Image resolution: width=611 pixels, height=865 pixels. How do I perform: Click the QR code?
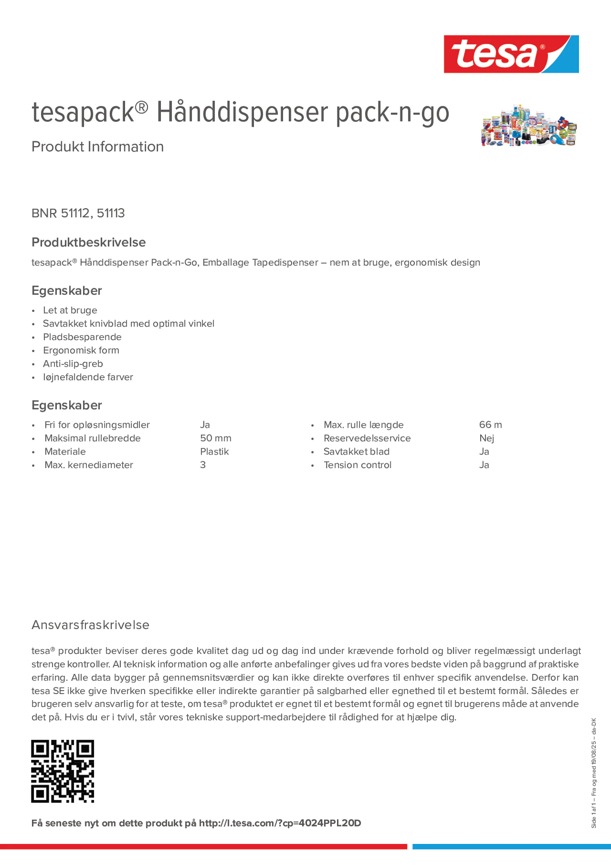click(x=62, y=771)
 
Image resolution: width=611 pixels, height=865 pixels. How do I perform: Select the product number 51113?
click(x=111, y=213)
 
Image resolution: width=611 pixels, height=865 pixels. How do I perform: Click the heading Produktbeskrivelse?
click(x=88, y=242)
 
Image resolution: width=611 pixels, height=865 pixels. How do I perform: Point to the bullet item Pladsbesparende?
click(x=82, y=337)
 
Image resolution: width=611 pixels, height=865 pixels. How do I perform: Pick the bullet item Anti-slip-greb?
click(x=73, y=364)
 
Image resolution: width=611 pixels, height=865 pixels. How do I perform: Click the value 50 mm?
click(x=215, y=438)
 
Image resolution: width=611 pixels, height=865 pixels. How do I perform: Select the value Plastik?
click(x=214, y=451)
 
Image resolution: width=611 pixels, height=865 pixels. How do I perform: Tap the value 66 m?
click(x=490, y=425)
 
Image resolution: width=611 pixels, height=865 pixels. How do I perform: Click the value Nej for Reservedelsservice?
click(x=486, y=438)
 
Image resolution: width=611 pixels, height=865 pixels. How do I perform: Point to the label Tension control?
click(x=357, y=465)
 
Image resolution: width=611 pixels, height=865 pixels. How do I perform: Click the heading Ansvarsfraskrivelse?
click(x=90, y=625)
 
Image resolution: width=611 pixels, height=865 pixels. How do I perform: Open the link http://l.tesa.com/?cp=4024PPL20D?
click(x=279, y=823)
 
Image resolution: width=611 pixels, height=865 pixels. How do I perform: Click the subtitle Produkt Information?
click(x=97, y=147)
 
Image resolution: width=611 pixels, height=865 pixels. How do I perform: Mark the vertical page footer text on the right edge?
click(x=594, y=773)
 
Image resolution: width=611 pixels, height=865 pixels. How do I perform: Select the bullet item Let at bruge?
click(x=70, y=310)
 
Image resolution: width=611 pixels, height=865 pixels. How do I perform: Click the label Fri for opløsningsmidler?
click(x=97, y=425)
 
